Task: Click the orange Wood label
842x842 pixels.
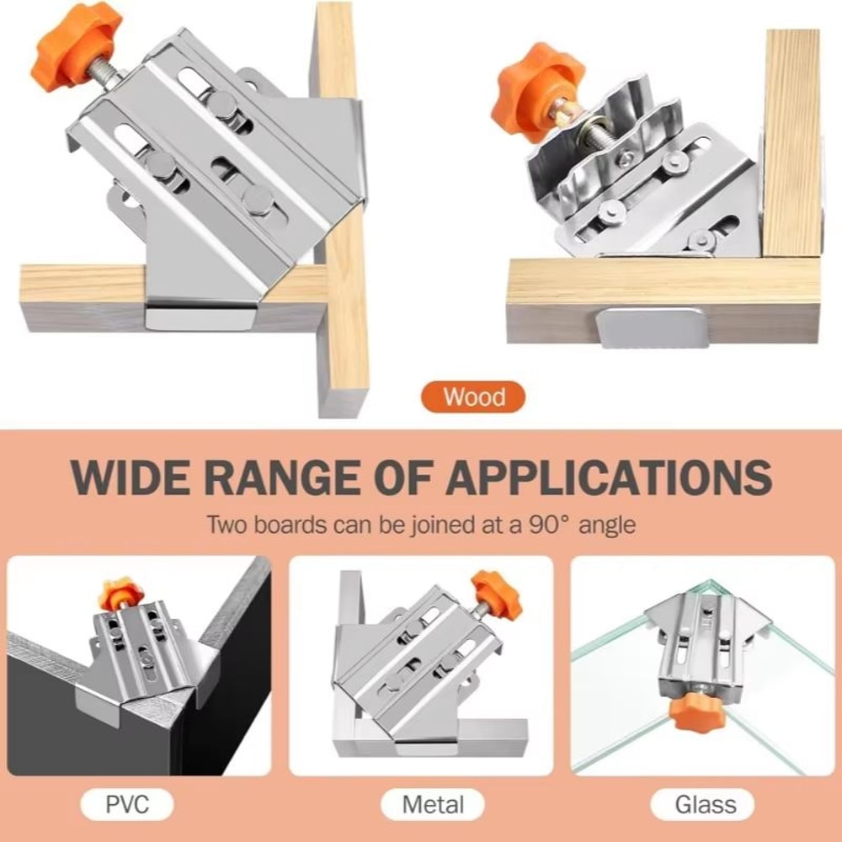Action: tap(472, 397)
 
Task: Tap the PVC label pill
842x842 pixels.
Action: tap(126, 804)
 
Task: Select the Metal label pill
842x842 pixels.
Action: tap(433, 804)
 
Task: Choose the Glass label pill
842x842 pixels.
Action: tap(706, 804)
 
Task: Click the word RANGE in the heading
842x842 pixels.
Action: tap(284, 477)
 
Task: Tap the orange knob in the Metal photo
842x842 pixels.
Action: tap(495, 591)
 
